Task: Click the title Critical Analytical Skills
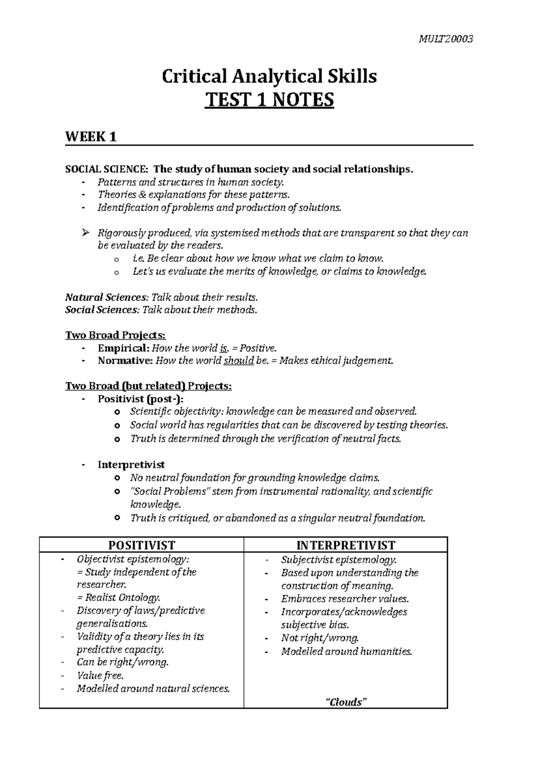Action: (269, 77)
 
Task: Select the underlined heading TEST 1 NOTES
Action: (269, 100)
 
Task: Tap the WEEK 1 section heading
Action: (91, 137)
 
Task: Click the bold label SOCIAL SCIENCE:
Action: (106, 169)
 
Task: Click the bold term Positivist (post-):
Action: (141, 399)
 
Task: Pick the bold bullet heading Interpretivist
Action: (131, 465)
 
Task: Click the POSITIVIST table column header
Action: (142, 545)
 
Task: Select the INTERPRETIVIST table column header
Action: (346, 545)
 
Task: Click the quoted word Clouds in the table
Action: (346, 702)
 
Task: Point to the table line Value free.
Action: (100, 675)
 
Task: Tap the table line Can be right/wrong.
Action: (123, 662)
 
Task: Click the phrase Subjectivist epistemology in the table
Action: (338, 559)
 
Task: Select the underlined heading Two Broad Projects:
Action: (116, 335)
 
